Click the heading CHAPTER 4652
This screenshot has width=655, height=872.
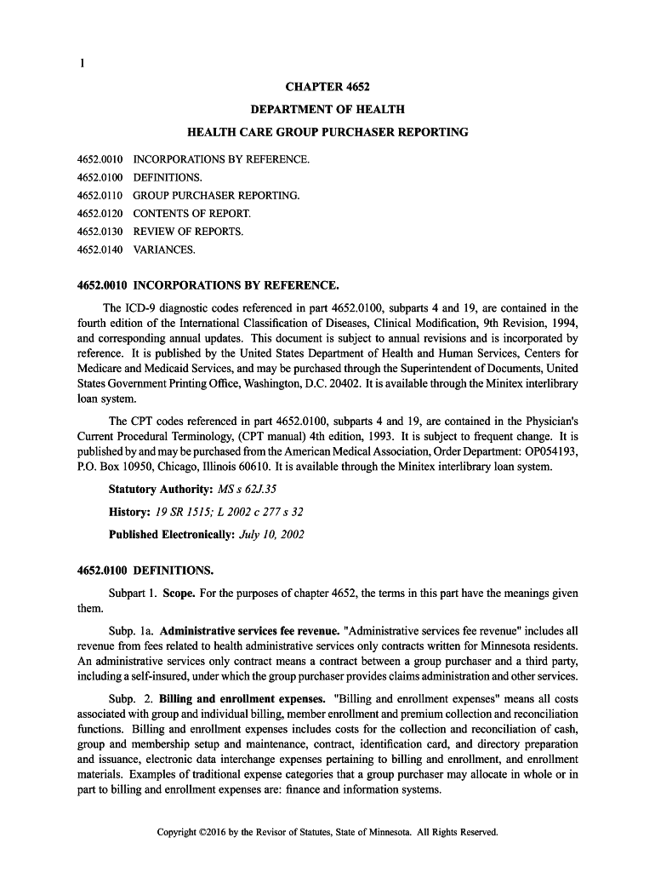point(327,87)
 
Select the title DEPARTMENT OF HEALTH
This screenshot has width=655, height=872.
point(327,110)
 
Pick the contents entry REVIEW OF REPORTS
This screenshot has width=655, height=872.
point(188,232)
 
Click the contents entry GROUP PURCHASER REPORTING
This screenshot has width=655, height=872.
point(216,196)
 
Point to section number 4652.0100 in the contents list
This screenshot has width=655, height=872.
point(100,178)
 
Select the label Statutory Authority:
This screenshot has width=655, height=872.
point(161,490)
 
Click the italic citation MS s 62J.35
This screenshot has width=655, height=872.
point(248,490)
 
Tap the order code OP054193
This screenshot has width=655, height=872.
point(549,451)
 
